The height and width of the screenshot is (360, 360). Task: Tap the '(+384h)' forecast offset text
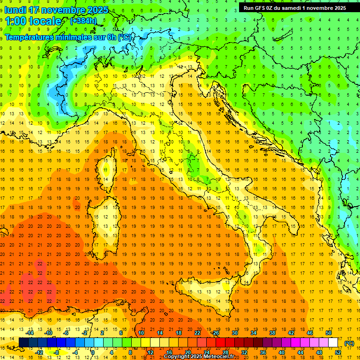click(83, 21)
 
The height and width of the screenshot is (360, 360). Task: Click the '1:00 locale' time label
click(33, 21)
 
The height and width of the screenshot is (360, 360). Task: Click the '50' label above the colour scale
click(329, 333)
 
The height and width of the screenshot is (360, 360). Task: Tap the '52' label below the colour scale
click(338, 352)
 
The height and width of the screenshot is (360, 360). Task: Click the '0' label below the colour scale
click(93, 352)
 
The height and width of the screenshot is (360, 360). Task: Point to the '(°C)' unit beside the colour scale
click(349, 343)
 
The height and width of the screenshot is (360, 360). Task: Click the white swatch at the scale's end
click(333, 343)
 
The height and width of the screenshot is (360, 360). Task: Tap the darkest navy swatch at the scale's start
click(23, 343)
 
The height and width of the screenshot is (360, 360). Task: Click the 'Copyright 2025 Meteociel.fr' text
click(200, 357)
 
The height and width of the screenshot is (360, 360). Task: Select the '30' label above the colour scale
click(234, 333)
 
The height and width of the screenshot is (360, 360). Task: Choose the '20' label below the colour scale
click(187, 352)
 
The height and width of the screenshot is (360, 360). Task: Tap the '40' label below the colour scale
click(282, 352)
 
